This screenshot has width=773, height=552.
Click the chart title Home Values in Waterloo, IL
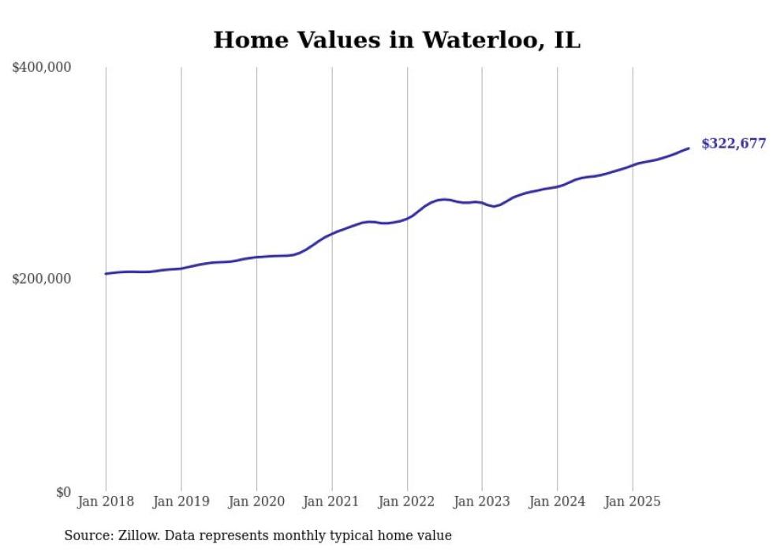(x=397, y=40)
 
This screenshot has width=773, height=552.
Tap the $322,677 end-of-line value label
(x=734, y=144)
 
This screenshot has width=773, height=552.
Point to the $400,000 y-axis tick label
(x=42, y=68)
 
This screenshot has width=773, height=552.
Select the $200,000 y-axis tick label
(x=42, y=280)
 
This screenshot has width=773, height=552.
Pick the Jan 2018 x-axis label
(x=106, y=502)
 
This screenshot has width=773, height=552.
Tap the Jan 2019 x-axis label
(x=181, y=502)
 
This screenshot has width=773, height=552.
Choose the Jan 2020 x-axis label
(x=256, y=502)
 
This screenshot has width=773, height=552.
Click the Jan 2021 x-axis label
(x=332, y=502)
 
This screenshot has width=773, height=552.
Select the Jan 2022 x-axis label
(x=407, y=502)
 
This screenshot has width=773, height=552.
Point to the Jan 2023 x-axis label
(x=482, y=502)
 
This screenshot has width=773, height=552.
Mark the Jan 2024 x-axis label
(x=557, y=502)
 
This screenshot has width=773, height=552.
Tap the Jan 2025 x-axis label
(x=632, y=502)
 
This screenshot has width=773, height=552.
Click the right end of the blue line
(x=689, y=148)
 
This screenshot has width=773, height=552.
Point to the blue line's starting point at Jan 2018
(x=106, y=274)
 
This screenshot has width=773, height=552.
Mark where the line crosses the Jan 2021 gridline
(x=332, y=233)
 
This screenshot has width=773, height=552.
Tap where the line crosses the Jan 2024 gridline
(x=557, y=186)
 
